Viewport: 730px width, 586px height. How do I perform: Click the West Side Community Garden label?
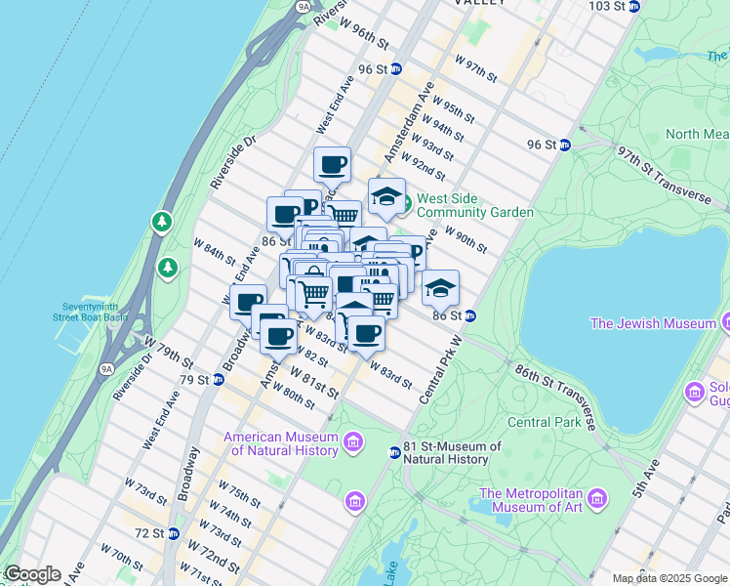click(474, 205)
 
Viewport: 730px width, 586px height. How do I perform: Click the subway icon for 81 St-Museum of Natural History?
click(393, 452)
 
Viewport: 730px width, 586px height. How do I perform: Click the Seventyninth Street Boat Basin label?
click(91, 310)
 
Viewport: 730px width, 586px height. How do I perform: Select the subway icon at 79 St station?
click(219, 379)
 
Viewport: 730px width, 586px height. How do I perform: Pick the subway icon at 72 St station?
click(173, 533)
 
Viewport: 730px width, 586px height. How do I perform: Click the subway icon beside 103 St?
click(634, 6)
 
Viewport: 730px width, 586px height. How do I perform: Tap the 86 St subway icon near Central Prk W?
click(469, 315)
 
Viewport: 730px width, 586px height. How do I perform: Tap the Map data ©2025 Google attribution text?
click(669, 578)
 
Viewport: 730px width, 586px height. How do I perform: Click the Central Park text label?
click(545, 423)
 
